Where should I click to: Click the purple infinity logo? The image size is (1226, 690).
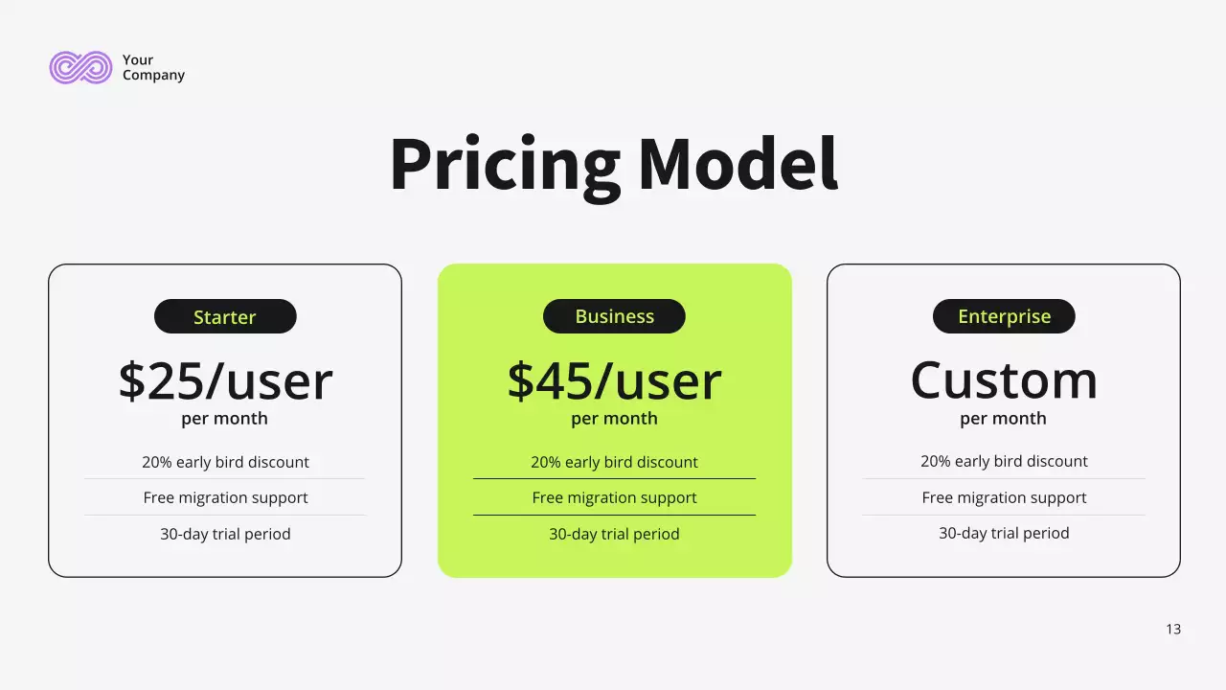80,67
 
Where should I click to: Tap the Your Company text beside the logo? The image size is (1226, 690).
152,67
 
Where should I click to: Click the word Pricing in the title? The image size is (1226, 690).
505,165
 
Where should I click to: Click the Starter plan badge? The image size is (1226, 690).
225,316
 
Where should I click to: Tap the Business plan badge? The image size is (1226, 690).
614,316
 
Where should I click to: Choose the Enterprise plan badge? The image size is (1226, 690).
1004,316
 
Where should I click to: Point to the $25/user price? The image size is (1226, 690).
225,380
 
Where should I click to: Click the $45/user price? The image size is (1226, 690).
614,380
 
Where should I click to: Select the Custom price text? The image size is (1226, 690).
1004,380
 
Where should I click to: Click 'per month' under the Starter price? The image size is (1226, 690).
225,419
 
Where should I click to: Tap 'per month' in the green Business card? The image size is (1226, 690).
614,419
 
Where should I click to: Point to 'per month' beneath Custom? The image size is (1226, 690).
1004,419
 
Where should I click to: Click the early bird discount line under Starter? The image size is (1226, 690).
225,462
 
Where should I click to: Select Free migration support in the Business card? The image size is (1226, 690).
614,497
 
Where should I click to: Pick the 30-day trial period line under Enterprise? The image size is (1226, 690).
1004,534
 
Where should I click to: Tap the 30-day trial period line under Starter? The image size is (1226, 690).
225,534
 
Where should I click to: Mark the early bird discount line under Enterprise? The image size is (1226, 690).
1004,461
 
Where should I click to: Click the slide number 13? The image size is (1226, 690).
1173,630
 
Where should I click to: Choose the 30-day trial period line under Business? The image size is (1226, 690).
614,534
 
